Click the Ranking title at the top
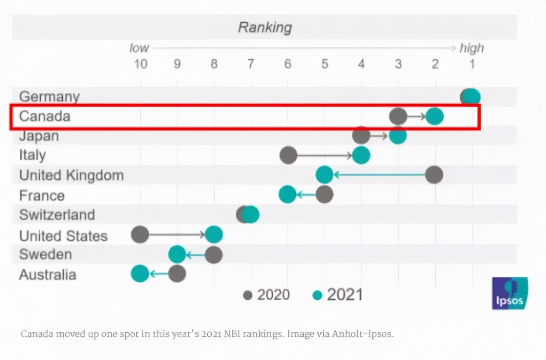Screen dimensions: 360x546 [x=264, y=27]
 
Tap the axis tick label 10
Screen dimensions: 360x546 [x=140, y=64]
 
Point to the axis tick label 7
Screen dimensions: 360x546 [x=250, y=64]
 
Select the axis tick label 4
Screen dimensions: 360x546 [x=361, y=64]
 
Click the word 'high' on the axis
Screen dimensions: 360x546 [x=471, y=48]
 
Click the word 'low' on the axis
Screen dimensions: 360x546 [x=139, y=48]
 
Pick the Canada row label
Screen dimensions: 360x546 [x=45, y=116]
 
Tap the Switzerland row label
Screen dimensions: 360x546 [x=57, y=214]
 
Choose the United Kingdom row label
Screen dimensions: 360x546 [x=71, y=175]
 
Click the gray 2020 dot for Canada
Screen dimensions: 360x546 [x=398, y=116]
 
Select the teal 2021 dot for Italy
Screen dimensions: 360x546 [x=361, y=155]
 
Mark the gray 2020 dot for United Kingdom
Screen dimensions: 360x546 [x=434, y=175]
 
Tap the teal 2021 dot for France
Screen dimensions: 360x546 [x=288, y=195]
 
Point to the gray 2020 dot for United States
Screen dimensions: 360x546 [x=140, y=234]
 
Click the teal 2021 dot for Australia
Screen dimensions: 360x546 [x=140, y=273]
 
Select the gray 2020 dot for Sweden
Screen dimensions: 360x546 [x=214, y=255]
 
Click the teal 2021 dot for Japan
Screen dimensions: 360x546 [x=398, y=136]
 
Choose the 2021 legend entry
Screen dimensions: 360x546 [x=338, y=295]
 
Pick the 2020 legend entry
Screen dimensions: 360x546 [x=267, y=295]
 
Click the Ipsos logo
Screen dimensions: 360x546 [x=510, y=293]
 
